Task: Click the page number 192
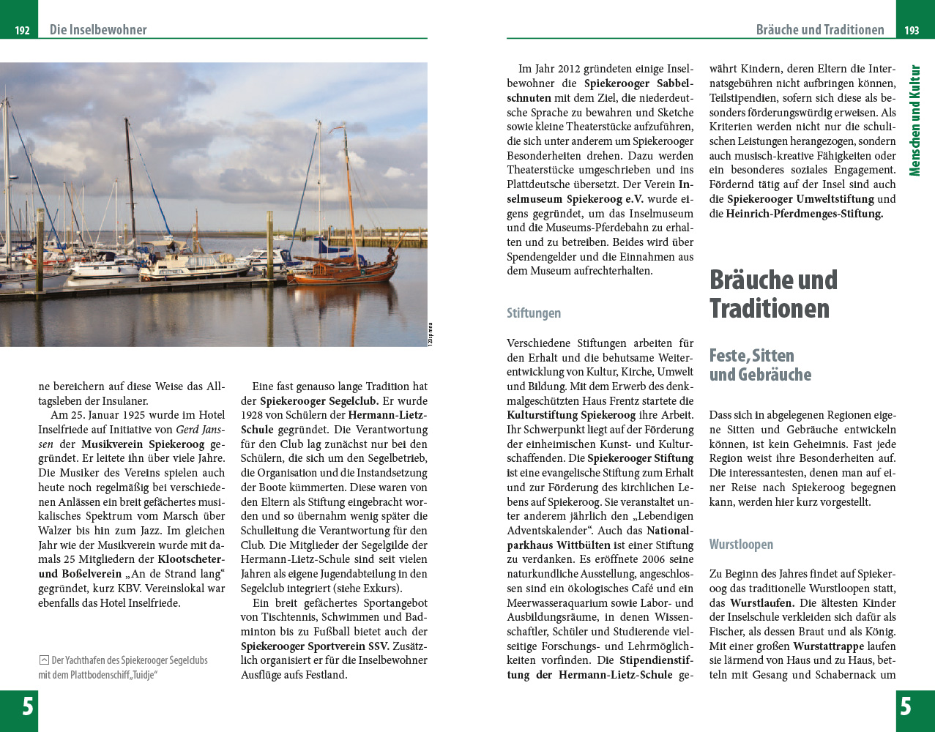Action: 22,31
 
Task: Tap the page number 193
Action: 912,31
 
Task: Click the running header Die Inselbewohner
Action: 98,30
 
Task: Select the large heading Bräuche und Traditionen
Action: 772,294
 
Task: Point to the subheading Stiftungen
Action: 534,313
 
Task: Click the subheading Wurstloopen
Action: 741,545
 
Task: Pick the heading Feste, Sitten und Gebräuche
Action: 760,365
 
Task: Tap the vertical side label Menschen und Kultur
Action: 914,121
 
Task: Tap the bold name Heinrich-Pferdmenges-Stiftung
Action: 804,214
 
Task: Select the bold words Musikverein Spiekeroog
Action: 143,444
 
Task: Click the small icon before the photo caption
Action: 44,660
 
